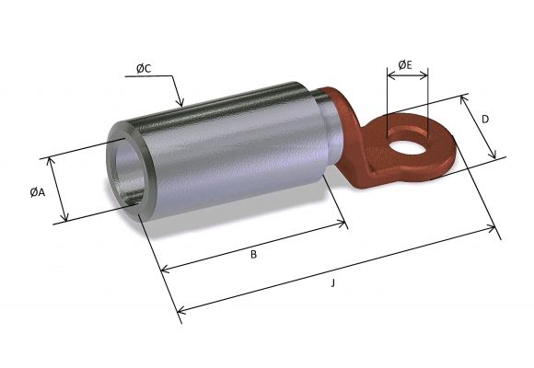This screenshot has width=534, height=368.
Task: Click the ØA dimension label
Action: point(35,191)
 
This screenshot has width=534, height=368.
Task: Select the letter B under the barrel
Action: point(253,255)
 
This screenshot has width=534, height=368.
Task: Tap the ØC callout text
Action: point(144,69)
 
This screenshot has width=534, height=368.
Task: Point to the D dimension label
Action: point(484,120)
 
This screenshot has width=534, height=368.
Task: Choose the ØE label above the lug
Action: point(405,64)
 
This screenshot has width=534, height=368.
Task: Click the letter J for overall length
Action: point(332,283)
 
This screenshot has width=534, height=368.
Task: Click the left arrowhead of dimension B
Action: point(164,270)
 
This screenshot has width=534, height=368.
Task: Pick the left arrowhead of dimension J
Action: point(179,310)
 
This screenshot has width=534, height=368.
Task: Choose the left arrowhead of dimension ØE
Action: point(389,77)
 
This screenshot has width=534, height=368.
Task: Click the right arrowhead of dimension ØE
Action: point(426,77)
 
